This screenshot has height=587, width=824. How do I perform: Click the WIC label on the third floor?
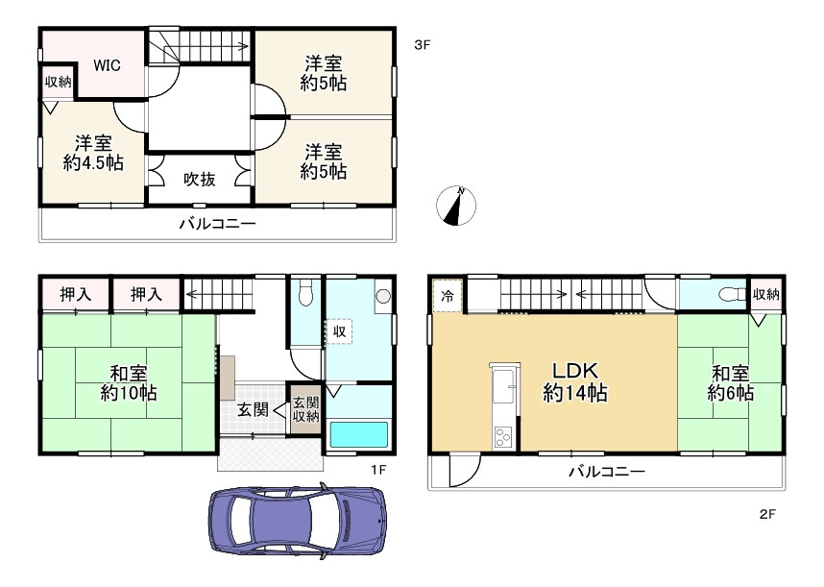[107, 65]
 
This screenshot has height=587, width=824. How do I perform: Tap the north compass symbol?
[456, 205]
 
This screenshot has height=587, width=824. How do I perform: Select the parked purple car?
[298, 522]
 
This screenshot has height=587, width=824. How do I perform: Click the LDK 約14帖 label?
[575, 381]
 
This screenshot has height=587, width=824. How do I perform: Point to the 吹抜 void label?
[199, 180]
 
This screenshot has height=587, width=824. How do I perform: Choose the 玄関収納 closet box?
[305, 410]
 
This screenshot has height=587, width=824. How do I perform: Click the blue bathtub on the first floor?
[359, 434]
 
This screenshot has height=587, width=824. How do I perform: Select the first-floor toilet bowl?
[305, 293]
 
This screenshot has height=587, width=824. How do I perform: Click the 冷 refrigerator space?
[448, 296]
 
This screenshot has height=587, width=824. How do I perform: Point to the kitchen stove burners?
[502, 437]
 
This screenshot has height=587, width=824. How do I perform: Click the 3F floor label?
[422, 44]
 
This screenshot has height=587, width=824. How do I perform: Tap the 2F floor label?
[767, 514]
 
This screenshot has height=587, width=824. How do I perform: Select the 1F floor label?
[378, 469]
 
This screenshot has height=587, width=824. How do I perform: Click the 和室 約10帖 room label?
[129, 383]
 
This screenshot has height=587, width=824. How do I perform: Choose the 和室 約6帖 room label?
[731, 383]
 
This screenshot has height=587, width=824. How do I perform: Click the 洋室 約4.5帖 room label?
[93, 153]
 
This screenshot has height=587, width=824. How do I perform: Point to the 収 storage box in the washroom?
[339, 331]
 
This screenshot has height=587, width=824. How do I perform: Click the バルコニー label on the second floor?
[606, 472]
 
